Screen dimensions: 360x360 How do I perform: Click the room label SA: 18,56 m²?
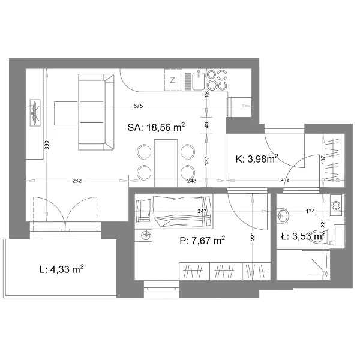click(x=156, y=127)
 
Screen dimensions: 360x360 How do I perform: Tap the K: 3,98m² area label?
click(x=257, y=158)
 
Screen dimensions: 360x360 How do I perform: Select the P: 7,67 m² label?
click(x=202, y=241)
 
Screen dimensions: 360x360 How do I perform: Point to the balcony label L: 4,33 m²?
click(x=61, y=269)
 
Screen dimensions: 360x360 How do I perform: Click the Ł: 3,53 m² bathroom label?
click(x=303, y=236)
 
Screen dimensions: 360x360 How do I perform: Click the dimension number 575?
click(x=138, y=106)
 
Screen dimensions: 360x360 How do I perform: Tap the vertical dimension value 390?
click(x=47, y=145)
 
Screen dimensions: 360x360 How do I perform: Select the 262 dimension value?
click(x=77, y=181)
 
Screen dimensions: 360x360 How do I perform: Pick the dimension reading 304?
click(x=285, y=181)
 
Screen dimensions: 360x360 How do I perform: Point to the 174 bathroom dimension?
click(x=310, y=211)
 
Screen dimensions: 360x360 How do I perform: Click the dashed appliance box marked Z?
click(x=173, y=80)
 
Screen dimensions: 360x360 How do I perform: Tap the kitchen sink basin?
click(x=198, y=80)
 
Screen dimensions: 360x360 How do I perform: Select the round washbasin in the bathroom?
click(x=283, y=215)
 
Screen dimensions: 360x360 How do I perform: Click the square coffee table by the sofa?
click(x=65, y=113)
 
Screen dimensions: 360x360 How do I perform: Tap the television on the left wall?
click(x=35, y=113)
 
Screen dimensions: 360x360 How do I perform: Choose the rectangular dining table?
click(x=166, y=163)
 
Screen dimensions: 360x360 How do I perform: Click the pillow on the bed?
click(x=143, y=211)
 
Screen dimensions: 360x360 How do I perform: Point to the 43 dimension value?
click(x=206, y=125)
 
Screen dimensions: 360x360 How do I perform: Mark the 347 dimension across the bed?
click(x=202, y=211)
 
